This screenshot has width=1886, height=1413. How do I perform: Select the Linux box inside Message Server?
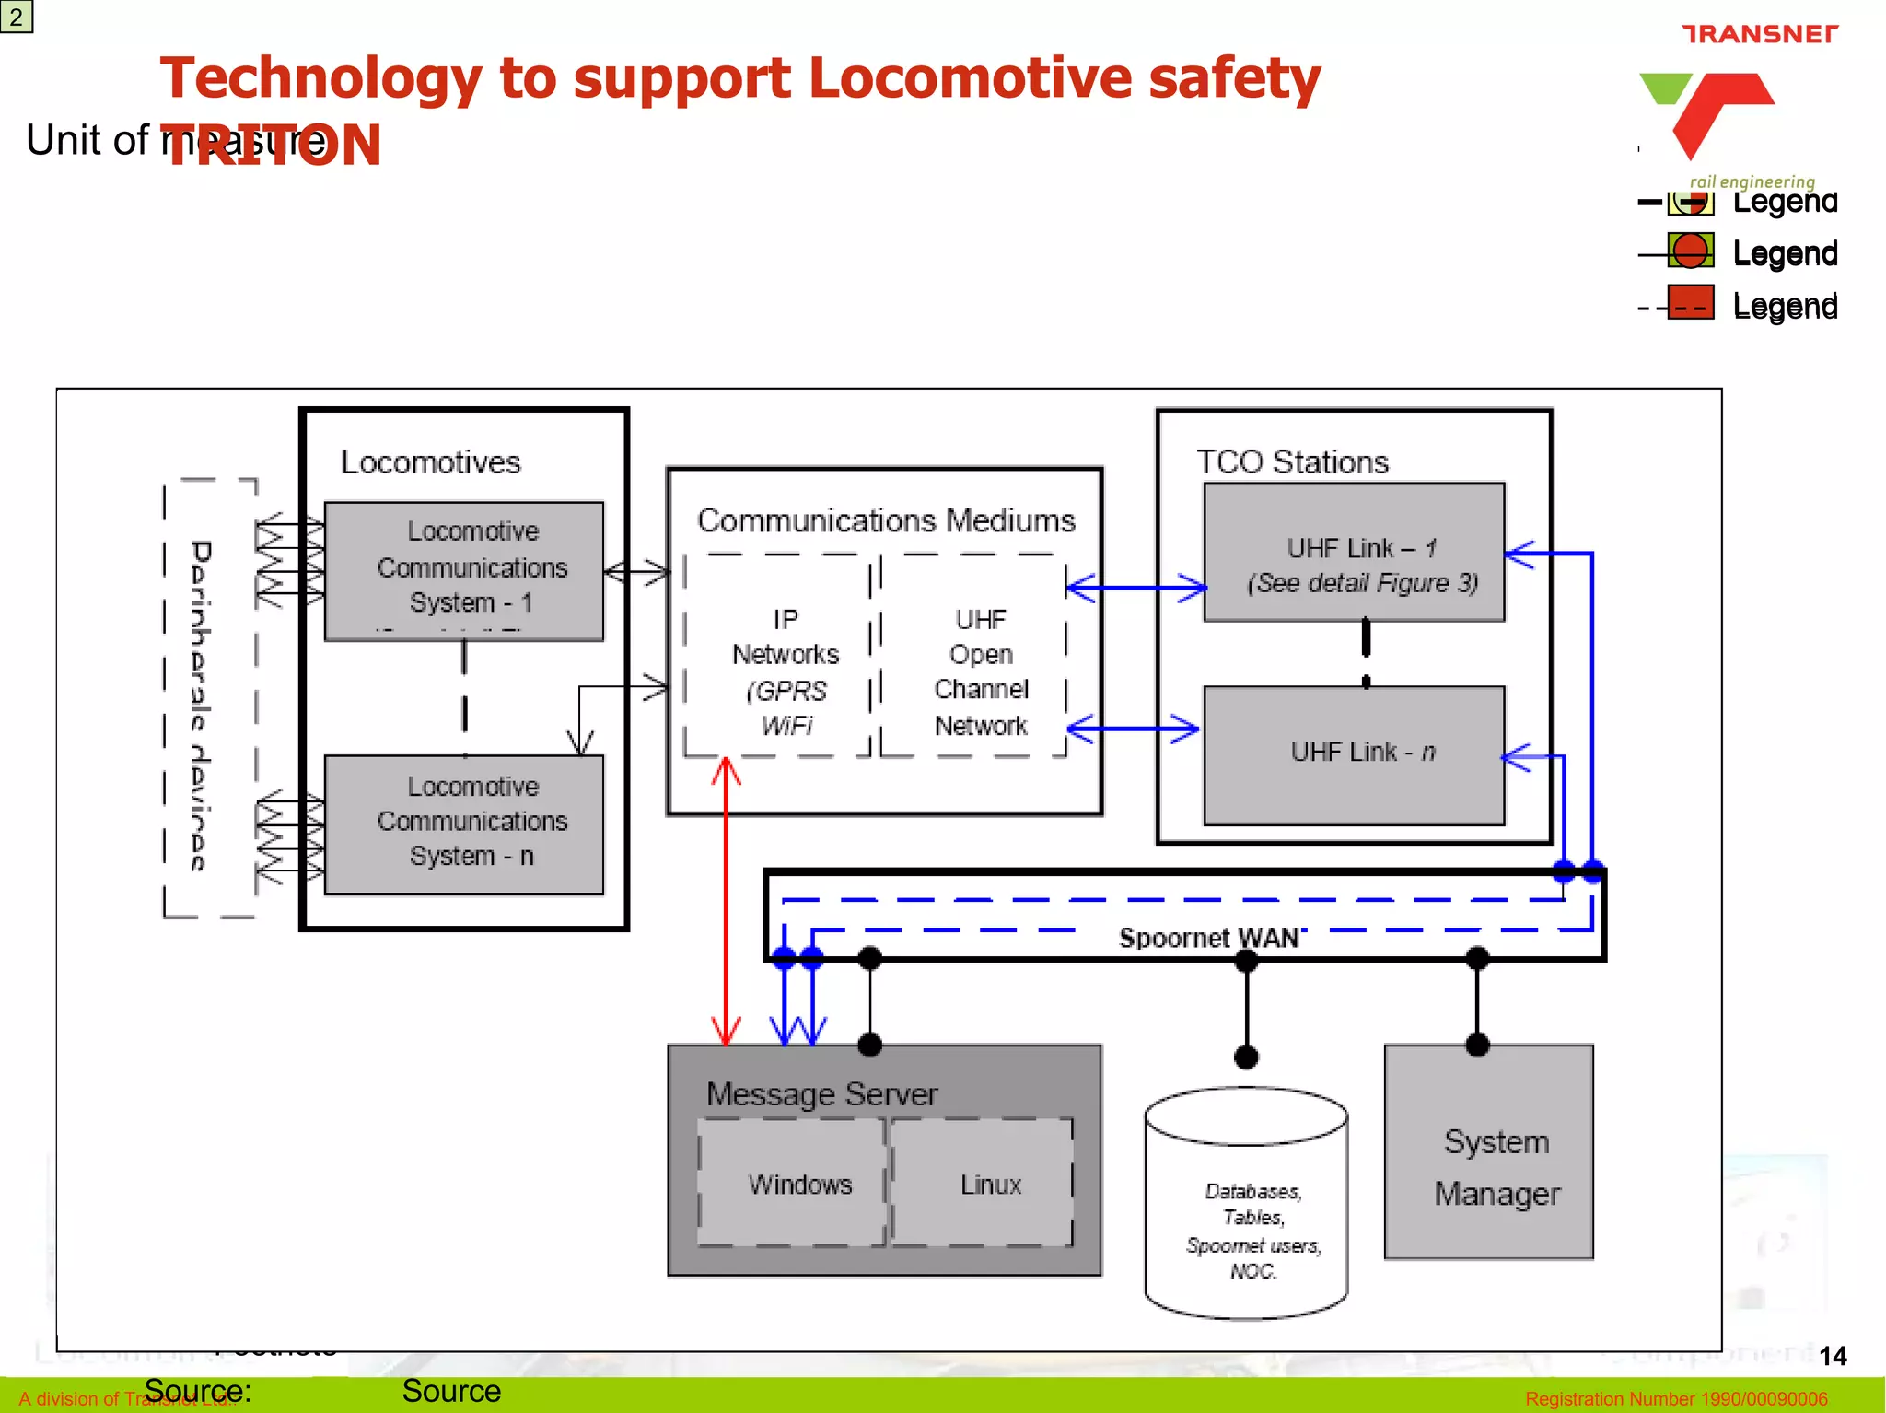[x=983, y=1183]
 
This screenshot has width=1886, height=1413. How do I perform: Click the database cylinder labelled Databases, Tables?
[x=1247, y=1207]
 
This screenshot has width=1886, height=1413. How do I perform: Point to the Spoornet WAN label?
[x=1208, y=938]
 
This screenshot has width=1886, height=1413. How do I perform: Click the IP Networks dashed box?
[x=778, y=656]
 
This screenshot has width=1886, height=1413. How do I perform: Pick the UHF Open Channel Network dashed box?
[x=974, y=656]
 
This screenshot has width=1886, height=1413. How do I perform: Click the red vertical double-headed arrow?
[x=726, y=903]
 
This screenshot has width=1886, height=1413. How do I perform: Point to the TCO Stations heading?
[x=1292, y=461]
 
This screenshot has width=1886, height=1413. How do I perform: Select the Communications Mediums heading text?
[x=886, y=520]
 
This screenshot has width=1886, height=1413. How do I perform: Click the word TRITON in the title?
[x=272, y=146]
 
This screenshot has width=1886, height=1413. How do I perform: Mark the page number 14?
[x=1833, y=1356]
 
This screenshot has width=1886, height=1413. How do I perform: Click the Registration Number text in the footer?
[x=1676, y=1398]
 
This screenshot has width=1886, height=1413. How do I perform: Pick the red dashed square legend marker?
[x=1691, y=302]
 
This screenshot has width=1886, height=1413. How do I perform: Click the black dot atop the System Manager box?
[x=1477, y=1045]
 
